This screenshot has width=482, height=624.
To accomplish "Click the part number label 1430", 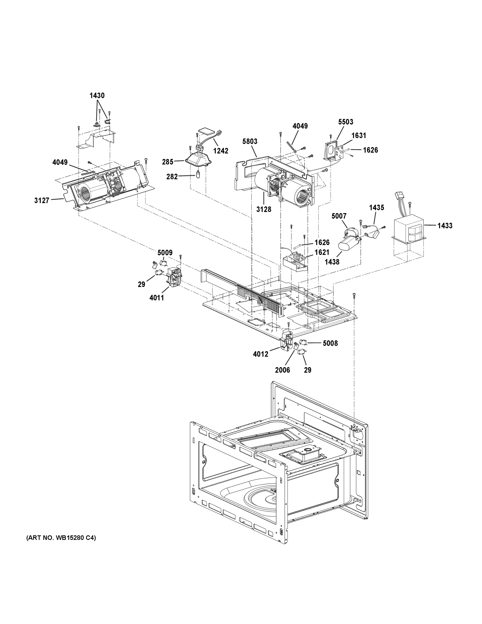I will [x=97, y=95].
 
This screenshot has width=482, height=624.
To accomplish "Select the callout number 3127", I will [x=42, y=200].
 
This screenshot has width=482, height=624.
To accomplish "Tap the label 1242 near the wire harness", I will [x=221, y=151].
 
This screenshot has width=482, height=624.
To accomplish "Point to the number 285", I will [x=168, y=162].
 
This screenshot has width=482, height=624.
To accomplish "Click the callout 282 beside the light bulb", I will [x=172, y=177].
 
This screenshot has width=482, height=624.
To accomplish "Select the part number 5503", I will [x=346, y=122].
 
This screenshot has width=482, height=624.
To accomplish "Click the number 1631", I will [x=359, y=135].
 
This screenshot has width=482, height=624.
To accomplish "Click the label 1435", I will [x=376, y=208].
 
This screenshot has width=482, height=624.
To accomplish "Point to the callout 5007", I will [x=339, y=216].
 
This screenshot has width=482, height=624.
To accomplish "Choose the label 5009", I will [x=165, y=252].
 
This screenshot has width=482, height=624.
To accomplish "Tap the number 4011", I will [x=156, y=298].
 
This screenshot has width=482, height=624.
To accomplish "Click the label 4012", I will [x=260, y=354].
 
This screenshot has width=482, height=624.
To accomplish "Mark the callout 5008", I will [x=330, y=343].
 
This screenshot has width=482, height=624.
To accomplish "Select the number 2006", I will [x=282, y=370].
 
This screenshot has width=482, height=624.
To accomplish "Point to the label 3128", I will [x=263, y=209].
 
